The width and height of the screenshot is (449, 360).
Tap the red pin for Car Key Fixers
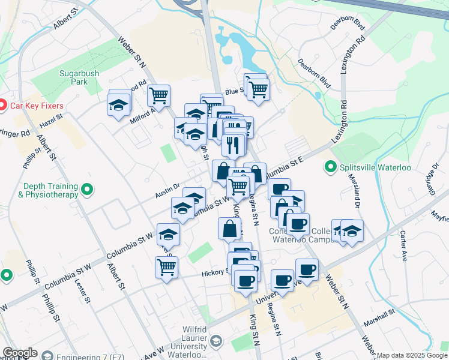coord(2,106)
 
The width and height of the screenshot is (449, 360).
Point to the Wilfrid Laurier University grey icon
coord(217,341)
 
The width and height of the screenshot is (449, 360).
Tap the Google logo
coord(20,353)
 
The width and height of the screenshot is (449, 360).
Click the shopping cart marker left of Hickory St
coord(166,268)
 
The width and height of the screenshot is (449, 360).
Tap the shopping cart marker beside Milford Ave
coord(158,95)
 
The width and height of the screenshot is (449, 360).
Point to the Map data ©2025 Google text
coord(412,355)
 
